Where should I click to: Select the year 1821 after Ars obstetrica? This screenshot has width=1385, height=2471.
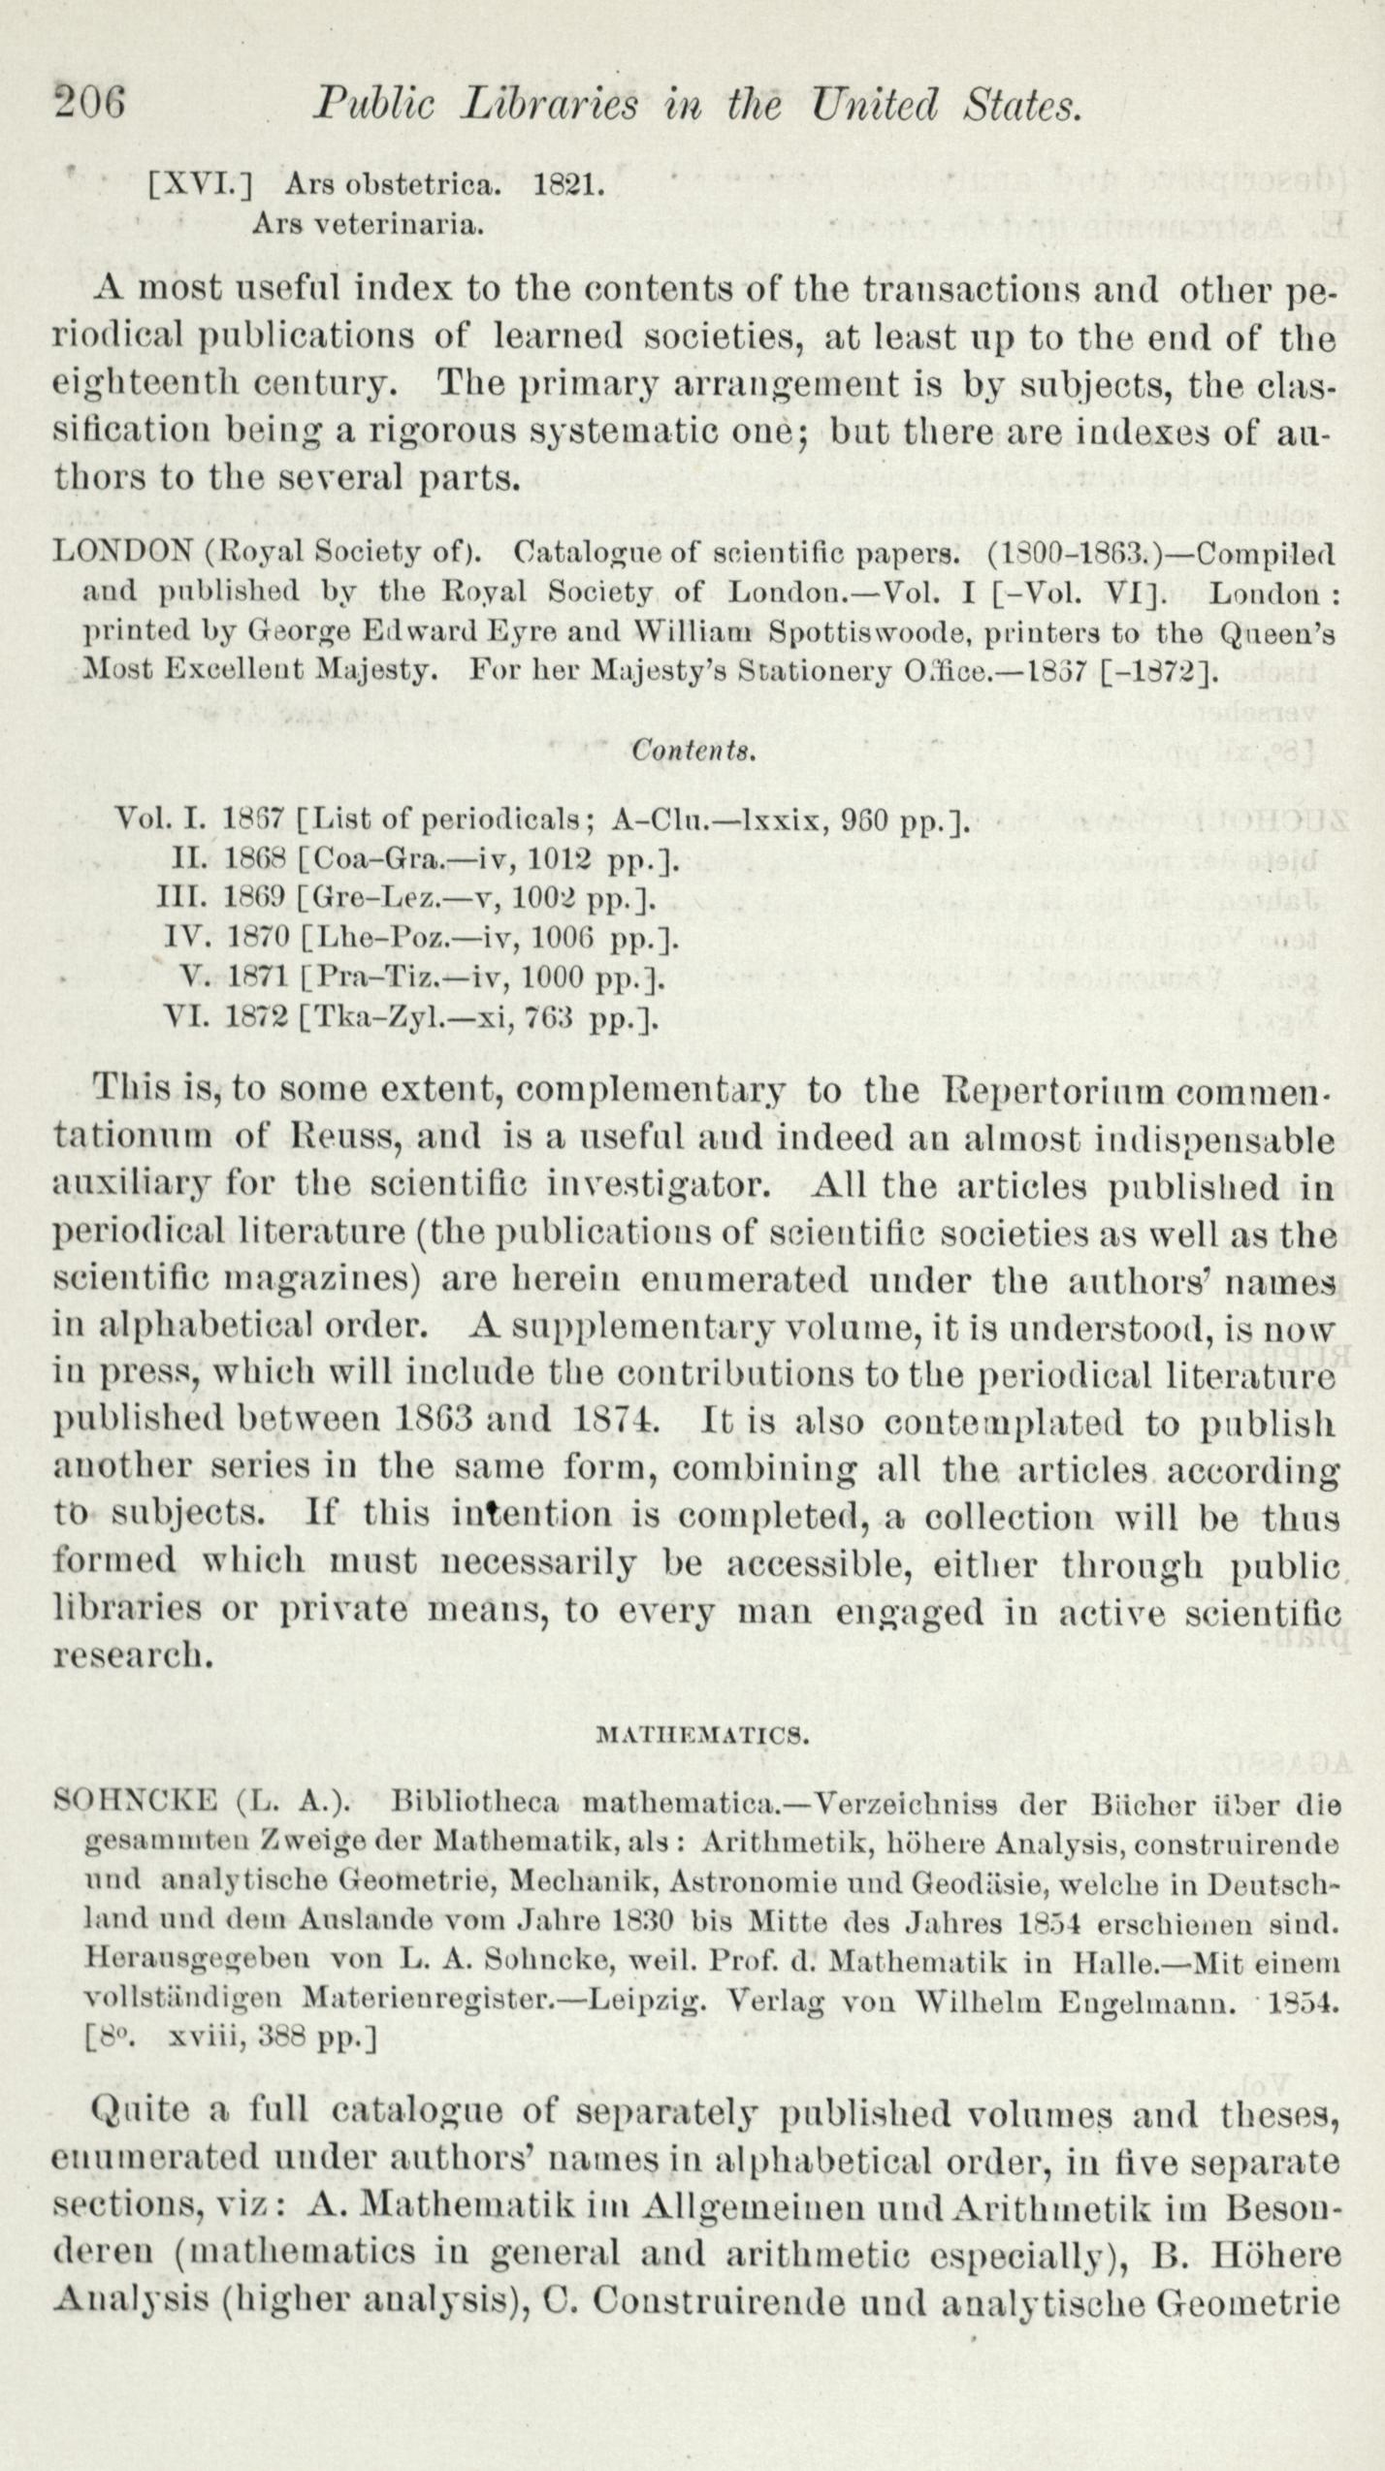(567, 183)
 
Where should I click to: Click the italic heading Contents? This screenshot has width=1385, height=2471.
(692, 750)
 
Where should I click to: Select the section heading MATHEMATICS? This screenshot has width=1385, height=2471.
(701, 1736)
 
